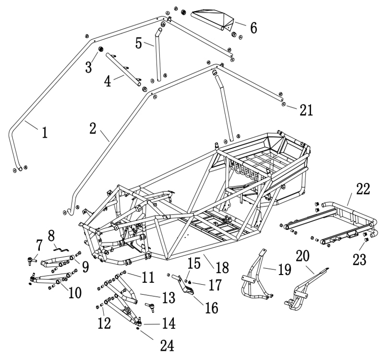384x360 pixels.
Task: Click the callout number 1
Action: coord(45,132)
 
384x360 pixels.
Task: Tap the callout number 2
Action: coord(93,128)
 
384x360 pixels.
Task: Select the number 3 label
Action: coord(89,67)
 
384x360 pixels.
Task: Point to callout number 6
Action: coord(253,28)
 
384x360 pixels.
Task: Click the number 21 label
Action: coord(306,110)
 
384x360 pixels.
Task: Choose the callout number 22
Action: coord(363,189)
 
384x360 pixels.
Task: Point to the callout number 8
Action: coord(52,235)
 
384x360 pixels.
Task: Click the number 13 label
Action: coord(168,298)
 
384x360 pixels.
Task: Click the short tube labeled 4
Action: coord(122,71)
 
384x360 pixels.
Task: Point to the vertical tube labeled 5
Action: coord(157,55)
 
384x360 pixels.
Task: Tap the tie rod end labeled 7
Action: coord(32,261)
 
